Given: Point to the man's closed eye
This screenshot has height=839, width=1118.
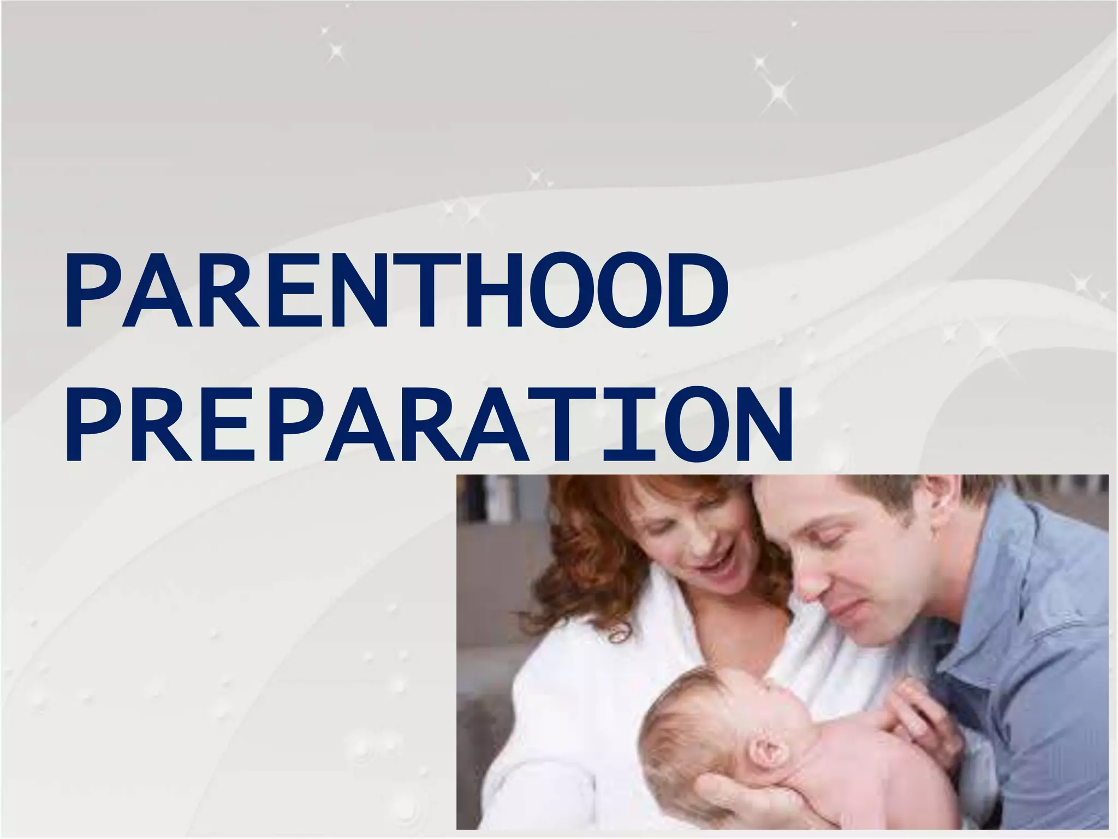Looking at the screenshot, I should click(x=841, y=533).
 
